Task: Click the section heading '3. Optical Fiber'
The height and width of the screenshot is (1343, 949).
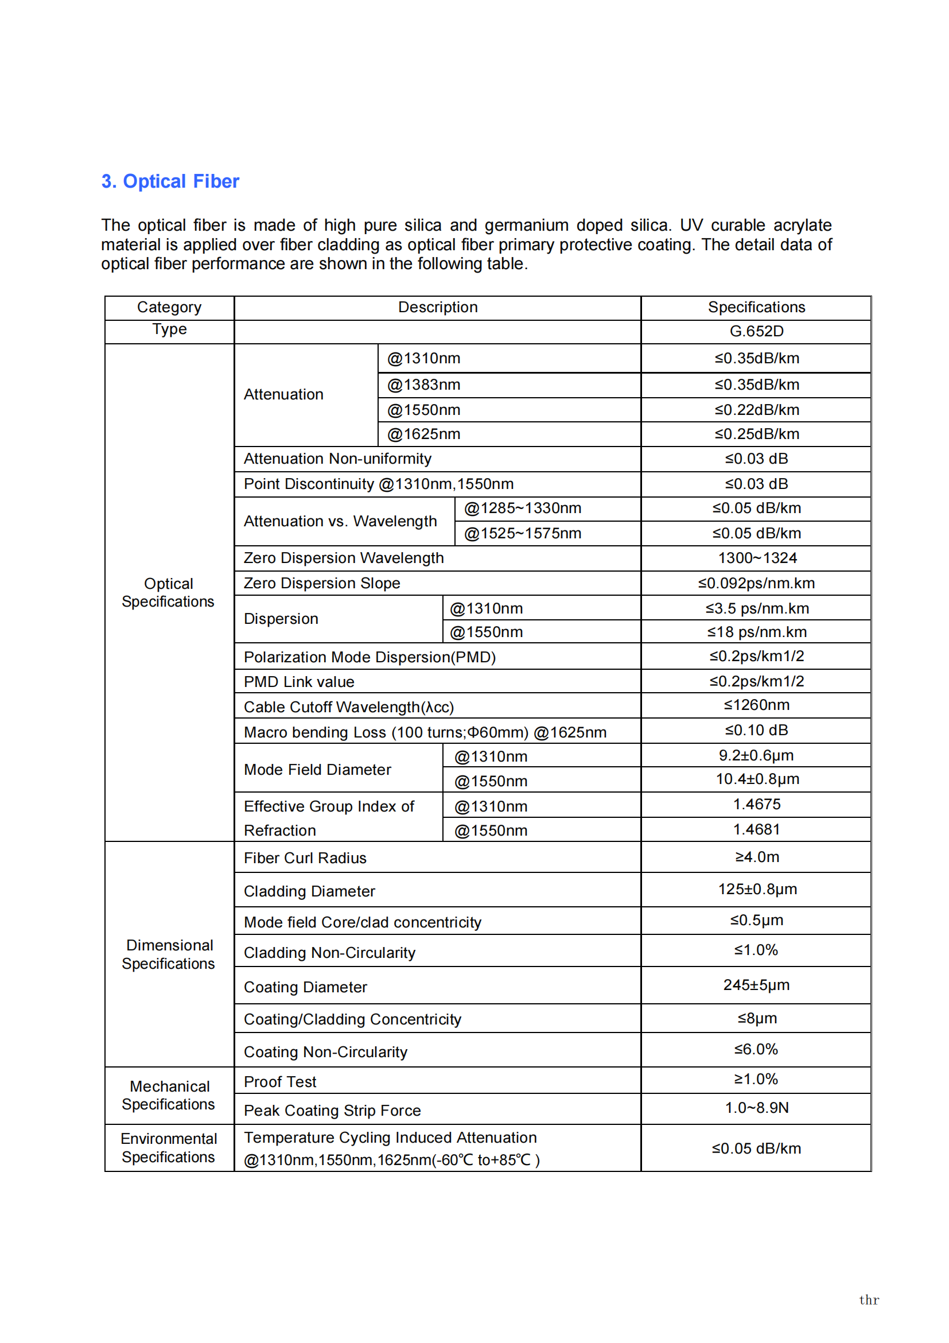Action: click(170, 181)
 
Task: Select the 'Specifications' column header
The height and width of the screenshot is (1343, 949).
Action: click(756, 307)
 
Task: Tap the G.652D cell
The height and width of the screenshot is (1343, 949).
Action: click(756, 331)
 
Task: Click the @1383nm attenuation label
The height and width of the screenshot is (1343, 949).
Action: click(424, 385)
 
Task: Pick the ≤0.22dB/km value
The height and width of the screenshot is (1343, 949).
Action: click(756, 410)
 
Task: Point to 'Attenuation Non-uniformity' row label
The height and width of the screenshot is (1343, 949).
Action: click(337, 459)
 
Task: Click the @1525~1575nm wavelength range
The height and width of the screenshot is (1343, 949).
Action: click(522, 533)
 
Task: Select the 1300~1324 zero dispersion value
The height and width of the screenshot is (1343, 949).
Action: click(757, 558)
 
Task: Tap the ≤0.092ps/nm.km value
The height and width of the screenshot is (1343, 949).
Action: click(756, 583)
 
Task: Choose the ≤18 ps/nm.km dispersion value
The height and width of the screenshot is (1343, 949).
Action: click(756, 632)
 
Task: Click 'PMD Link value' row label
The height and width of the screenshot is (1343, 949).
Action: click(299, 682)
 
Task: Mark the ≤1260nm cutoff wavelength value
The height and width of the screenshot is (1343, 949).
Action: click(756, 705)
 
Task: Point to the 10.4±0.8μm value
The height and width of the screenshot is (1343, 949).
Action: click(757, 779)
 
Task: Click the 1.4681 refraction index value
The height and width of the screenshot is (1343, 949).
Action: click(756, 829)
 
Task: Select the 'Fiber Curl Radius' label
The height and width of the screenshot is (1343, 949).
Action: click(305, 858)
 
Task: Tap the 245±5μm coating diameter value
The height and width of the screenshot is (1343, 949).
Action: click(756, 985)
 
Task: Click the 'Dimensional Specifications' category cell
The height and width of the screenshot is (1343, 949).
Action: click(169, 954)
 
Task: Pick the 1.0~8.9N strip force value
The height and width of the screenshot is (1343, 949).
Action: click(756, 1108)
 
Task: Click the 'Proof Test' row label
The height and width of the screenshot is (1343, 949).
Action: click(279, 1082)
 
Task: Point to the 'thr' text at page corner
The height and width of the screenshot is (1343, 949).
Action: click(868, 1300)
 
